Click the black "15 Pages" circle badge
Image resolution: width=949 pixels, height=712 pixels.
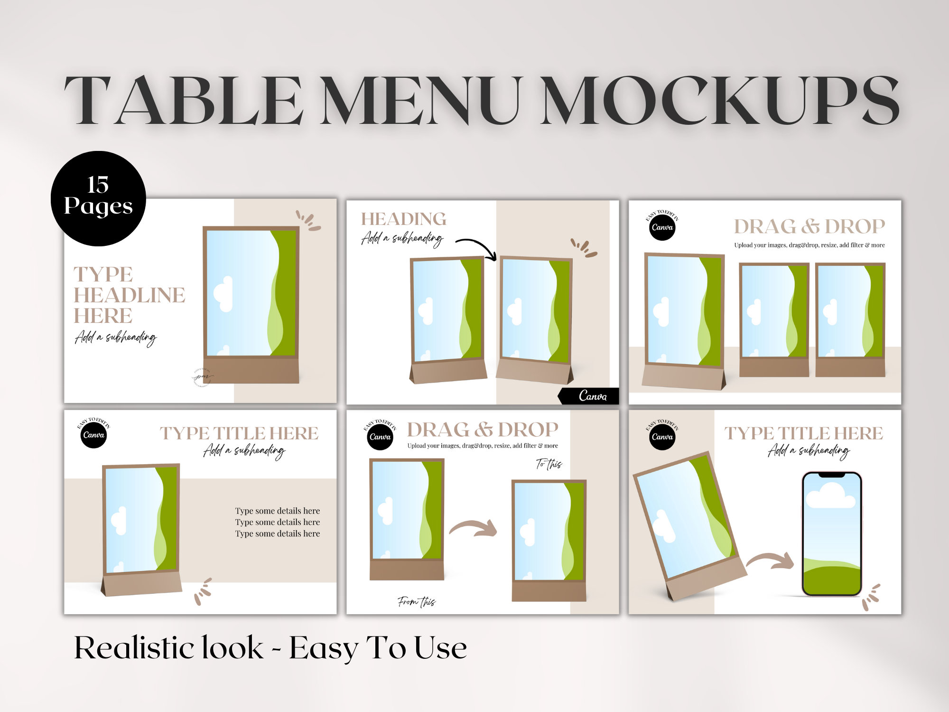(x=98, y=198)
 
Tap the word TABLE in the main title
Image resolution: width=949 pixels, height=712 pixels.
(x=184, y=101)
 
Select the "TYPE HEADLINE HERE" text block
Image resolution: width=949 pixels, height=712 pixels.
(x=129, y=295)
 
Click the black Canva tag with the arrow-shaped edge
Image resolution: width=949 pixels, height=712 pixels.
(x=590, y=396)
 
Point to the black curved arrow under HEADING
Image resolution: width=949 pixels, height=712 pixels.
(x=476, y=248)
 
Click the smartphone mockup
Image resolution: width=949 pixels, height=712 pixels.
(x=831, y=534)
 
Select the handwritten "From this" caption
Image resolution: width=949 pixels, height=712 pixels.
(x=416, y=602)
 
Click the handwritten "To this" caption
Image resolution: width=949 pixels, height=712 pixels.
(x=549, y=464)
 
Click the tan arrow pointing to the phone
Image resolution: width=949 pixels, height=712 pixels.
(x=770, y=561)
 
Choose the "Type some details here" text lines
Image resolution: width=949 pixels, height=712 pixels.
(x=278, y=522)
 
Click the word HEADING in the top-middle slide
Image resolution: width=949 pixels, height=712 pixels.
(x=403, y=219)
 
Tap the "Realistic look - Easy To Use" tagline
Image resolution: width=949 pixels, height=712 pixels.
(x=270, y=648)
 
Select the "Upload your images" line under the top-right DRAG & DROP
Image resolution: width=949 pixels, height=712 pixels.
(x=809, y=245)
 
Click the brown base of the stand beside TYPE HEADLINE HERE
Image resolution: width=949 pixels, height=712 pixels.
(x=251, y=370)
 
